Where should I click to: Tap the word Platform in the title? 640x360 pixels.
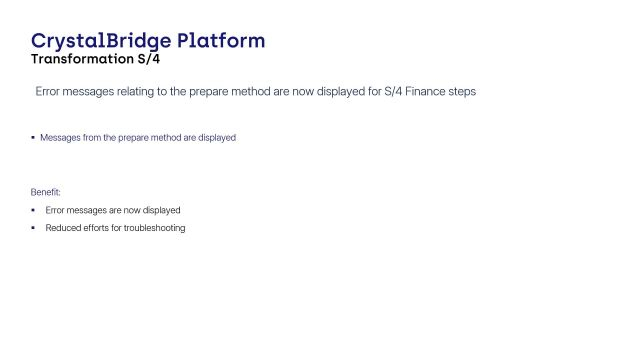pyautogui.click(x=222, y=41)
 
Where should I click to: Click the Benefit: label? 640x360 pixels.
pyautogui.click(x=45, y=190)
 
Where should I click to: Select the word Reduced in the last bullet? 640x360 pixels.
pyautogui.click(x=62, y=228)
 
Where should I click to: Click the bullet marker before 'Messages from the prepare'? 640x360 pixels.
pyautogui.click(x=32, y=137)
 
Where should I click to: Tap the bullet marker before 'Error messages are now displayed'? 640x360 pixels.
pyautogui.click(x=33, y=210)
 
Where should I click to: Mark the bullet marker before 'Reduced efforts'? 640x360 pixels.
pyautogui.click(x=33, y=227)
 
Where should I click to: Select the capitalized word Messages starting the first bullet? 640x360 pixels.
pyautogui.click(x=60, y=138)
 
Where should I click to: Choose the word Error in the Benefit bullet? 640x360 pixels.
pyautogui.click(x=56, y=211)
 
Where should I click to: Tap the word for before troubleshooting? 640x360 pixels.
pyautogui.click(x=122, y=228)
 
